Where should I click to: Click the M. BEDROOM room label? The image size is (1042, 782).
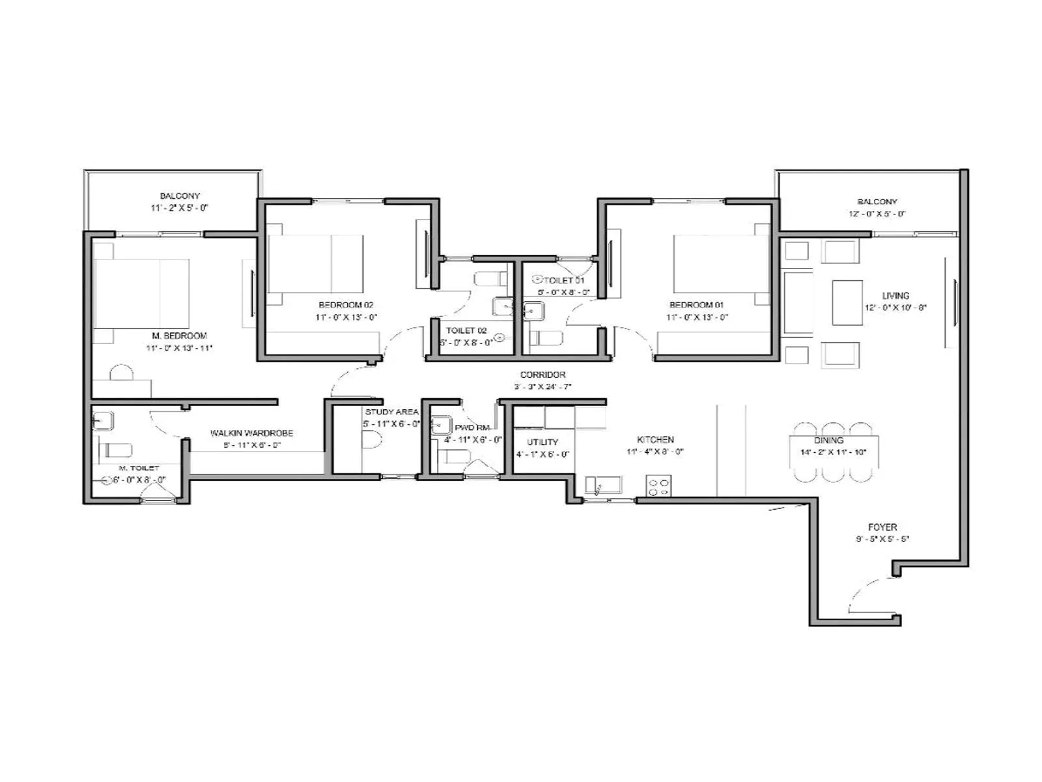[179, 336]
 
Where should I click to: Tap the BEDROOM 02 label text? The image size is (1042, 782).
[346, 305]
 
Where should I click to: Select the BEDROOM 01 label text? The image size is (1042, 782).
[696, 305]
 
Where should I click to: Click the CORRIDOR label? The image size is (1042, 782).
[542, 375]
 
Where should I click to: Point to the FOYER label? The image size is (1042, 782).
[882, 527]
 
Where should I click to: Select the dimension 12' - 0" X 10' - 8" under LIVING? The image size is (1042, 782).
[895, 308]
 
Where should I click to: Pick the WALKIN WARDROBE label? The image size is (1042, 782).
[251, 433]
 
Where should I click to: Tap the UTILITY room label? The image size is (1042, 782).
[542, 442]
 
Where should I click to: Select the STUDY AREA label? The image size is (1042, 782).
[391, 412]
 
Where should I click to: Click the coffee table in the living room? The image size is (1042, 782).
[847, 302]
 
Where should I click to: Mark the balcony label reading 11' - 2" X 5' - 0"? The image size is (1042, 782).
[180, 208]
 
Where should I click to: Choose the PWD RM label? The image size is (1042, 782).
[472, 427]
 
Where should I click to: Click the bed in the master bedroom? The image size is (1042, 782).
[142, 293]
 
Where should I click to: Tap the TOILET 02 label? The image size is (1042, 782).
[466, 330]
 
